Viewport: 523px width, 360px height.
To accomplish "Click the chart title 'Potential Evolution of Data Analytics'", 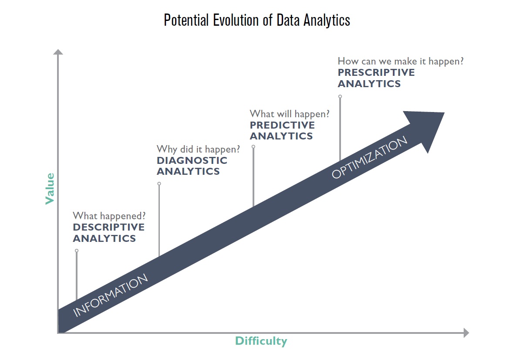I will pyautogui.click(x=257, y=20).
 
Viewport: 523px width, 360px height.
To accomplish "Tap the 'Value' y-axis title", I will pyautogui.click(x=50, y=188).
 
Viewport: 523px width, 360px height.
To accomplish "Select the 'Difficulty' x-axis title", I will pyautogui.click(x=261, y=341).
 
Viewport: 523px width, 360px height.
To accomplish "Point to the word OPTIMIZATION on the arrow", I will pyautogui.click(x=369, y=157).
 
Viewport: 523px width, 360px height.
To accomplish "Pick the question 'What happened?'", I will pyautogui.click(x=109, y=216).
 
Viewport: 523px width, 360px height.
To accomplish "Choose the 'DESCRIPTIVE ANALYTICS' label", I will pyautogui.click(x=108, y=233).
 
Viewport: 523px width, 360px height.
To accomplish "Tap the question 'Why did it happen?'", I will pyautogui.click(x=198, y=149).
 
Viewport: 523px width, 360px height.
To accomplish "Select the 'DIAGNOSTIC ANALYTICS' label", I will pyautogui.click(x=192, y=166).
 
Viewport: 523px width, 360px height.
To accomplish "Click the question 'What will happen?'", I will pyautogui.click(x=289, y=114).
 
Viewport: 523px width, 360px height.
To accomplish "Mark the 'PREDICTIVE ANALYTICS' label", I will pyautogui.click(x=282, y=130).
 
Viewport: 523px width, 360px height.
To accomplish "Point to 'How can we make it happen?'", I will pyautogui.click(x=400, y=61).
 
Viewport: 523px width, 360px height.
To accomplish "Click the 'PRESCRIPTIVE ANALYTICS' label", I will pyautogui.click(x=376, y=78).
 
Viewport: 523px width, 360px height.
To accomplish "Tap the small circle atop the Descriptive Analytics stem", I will pyautogui.click(x=77, y=251).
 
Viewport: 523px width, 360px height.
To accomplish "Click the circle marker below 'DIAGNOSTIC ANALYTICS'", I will pyautogui.click(x=159, y=184).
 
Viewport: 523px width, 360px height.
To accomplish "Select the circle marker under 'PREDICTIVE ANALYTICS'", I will pyautogui.click(x=253, y=147).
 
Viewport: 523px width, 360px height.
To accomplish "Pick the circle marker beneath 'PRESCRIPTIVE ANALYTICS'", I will pyautogui.click(x=340, y=96).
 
